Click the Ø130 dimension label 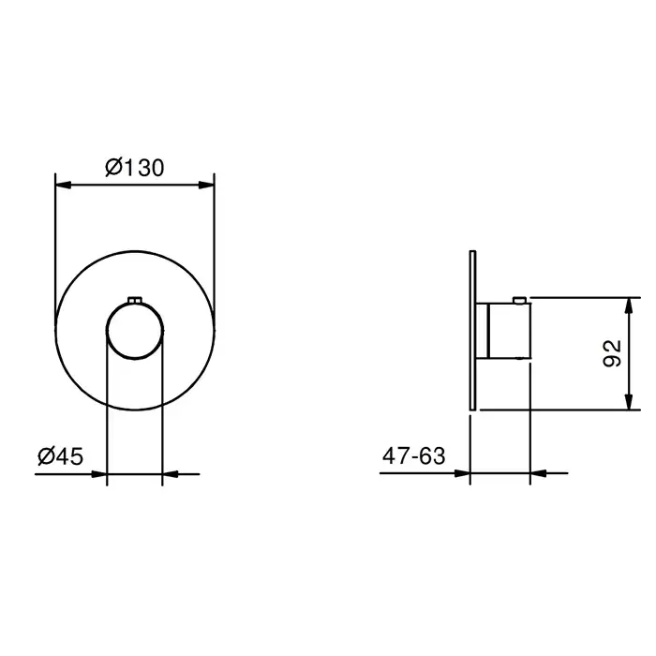[x=134, y=168]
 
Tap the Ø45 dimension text [x=61, y=455]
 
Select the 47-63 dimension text [x=414, y=455]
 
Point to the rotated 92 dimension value [x=612, y=353]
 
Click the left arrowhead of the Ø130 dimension [x=63, y=185]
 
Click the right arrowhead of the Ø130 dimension [x=206, y=185]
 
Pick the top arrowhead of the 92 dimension [x=628, y=306]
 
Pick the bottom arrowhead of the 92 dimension [x=628, y=402]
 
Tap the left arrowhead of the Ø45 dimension [x=99, y=474]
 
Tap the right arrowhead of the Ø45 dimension [x=171, y=474]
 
